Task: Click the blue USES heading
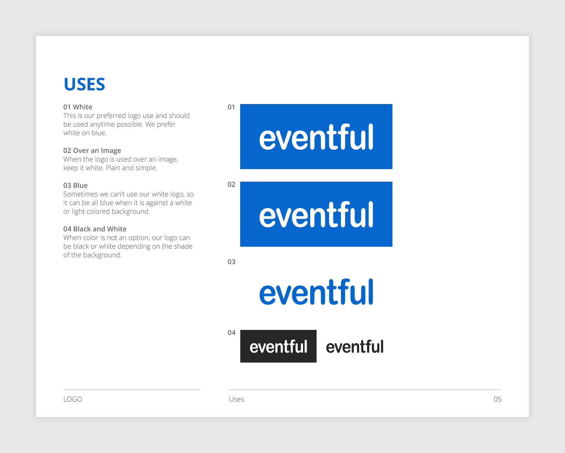point(84,85)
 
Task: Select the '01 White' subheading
point(78,107)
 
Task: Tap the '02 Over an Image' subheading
point(92,150)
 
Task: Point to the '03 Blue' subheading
point(76,185)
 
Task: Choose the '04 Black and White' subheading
point(95,229)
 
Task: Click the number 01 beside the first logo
point(231,107)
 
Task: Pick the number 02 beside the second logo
point(231,184)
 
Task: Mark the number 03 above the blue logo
point(231,262)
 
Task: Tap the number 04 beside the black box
point(231,332)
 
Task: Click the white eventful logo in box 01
point(316,137)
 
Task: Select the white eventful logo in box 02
point(316,214)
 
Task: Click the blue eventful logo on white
point(316,292)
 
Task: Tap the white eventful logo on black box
point(279,346)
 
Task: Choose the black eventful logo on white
point(355,346)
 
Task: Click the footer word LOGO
point(73,399)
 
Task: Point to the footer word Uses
point(236,399)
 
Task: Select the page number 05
point(497,399)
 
